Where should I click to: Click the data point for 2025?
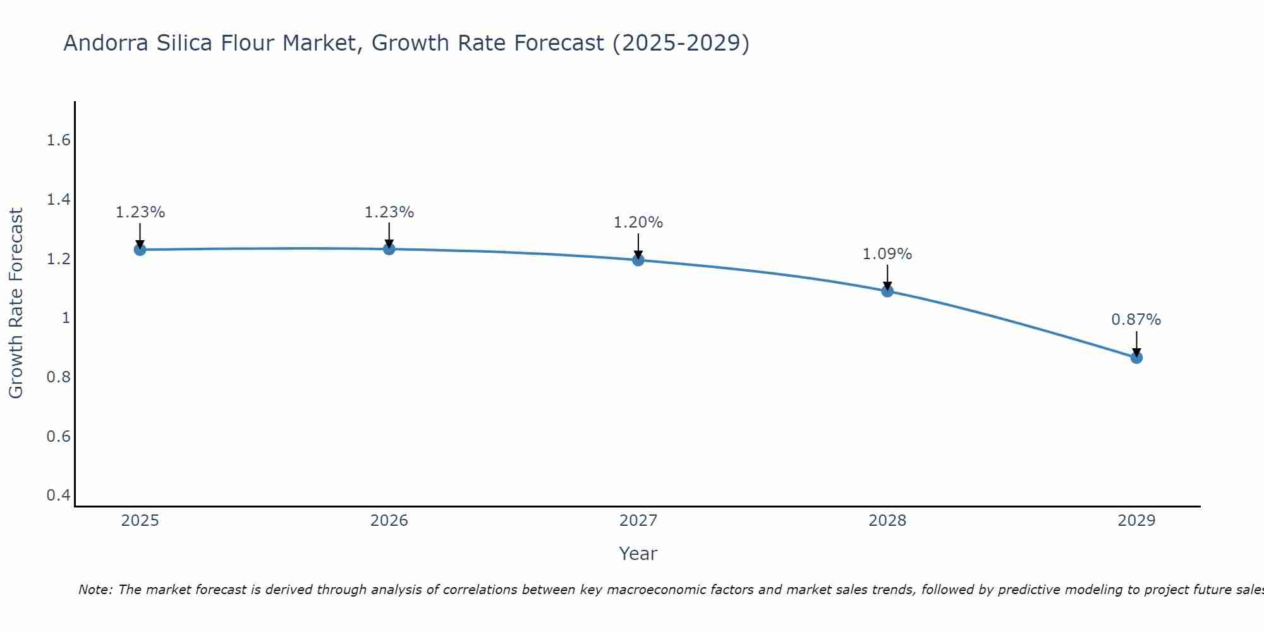pyautogui.click(x=140, y=250)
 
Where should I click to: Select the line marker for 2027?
pyautogui.click(x=638, y=260)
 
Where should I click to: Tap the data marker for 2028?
pyautogui.click(x=887, y=291)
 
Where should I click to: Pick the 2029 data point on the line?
pyautogui.click(x=1136, y=358)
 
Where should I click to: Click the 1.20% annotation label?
pyautogui.click(x=638, y=222)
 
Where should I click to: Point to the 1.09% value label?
pyautogui.click(x=887, y=254)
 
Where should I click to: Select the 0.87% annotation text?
pyautogui.click(x=1136, y=320)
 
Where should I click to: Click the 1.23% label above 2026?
pyautogui.click(x=389, y=212)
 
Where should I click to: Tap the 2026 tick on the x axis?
pyautogui.click(x=389, y=521)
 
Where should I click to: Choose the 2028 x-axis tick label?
pyautogui.click(x=887, y=521)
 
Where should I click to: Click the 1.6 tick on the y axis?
pyautogui.click(x=58, y=140)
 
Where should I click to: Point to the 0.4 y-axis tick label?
pyautogui.click(x=58, y=495)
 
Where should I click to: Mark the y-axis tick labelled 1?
pyautogui.click(x=65, y=318)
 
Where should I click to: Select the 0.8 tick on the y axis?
pyautogui.click(x=58, y=377)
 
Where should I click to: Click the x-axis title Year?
pyautogui.click(x=638, y=554)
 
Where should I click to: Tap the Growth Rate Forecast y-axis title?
pyautogui.click(x=16, y=303)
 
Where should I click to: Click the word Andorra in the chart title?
pyautogui.click(x=105, y=43)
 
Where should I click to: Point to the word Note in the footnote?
pyautogui.click(x=95, y=590)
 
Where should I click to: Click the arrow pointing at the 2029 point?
pyautogui.click(x=1136, y=344)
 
